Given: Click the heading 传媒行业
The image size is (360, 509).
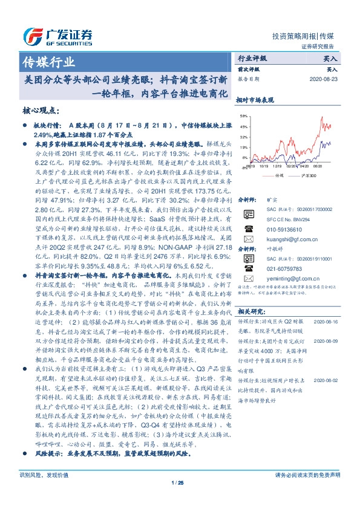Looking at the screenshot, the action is tap(48, 61).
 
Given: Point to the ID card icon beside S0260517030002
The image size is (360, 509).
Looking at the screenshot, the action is tap(248, 210).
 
